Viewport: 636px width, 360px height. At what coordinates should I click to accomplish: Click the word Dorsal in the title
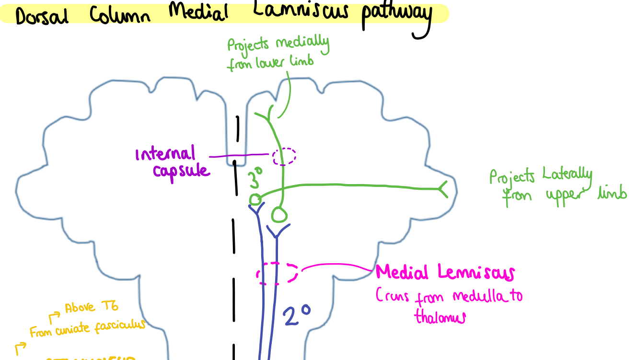(x=42, y=16)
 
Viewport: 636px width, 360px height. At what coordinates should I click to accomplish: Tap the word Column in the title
(x=120, y=14)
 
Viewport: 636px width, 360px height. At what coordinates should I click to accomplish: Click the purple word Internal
(x=166, y=154)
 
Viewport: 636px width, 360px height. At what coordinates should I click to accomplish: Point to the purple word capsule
(x=181, y=171)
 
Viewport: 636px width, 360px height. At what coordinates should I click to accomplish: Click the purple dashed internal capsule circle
(x=284, y=156)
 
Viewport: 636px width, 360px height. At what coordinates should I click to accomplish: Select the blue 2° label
(x=296, y=316)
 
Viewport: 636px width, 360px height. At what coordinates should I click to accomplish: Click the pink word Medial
(x=402, y=273)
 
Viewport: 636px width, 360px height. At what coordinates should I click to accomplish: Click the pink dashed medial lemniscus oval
(x=278, y=273)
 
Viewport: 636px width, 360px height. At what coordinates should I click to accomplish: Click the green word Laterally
(x=567, y=176)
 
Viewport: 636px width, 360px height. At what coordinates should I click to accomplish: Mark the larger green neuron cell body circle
(x=280, y=214)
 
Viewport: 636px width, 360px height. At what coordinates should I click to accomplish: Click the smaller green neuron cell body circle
(x=255, y=199)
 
